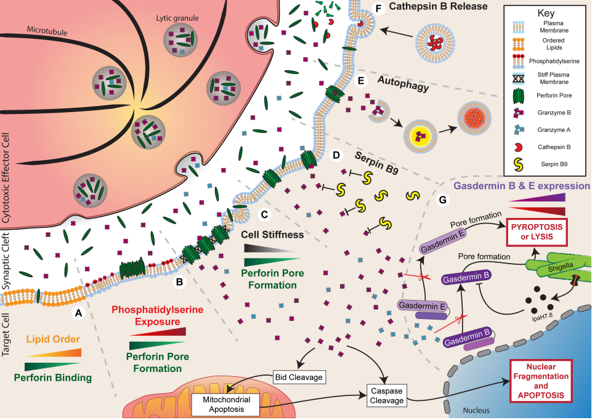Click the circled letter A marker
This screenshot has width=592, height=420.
click(78, 313)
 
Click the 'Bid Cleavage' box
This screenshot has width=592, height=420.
click(298, 376)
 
